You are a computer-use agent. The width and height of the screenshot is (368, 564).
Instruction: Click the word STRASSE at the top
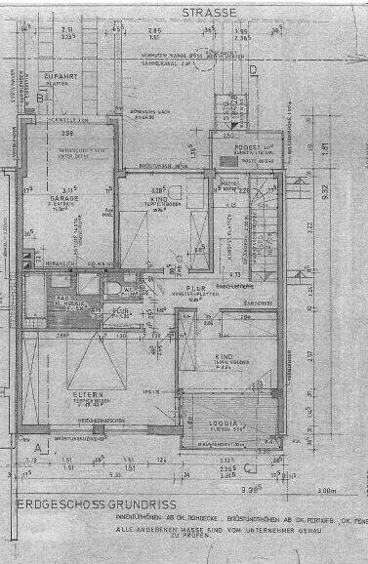tap(210, 12)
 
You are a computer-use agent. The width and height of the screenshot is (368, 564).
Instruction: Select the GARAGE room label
tap(64, 197)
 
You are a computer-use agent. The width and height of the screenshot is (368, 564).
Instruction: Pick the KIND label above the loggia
tap(227, 358)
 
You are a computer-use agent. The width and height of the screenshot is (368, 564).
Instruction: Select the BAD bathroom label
tap(61, 300)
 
